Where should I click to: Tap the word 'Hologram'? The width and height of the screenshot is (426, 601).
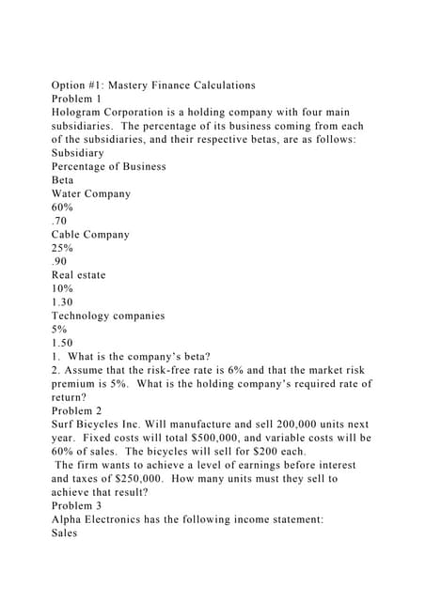pos(83,112)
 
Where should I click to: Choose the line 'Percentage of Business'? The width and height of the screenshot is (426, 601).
pos(108,166)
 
